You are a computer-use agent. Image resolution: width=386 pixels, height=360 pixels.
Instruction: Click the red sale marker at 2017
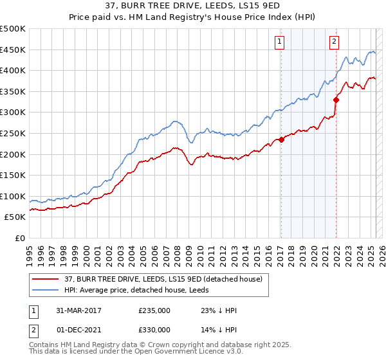282,139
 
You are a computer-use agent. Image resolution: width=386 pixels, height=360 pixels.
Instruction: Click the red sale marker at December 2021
336,100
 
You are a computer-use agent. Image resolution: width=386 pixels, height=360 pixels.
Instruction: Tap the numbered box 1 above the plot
280,42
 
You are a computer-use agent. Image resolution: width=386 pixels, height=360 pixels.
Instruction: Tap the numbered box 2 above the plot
335,42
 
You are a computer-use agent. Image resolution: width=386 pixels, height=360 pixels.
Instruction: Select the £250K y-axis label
12,133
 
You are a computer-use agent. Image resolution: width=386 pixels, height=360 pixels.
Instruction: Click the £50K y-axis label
15,217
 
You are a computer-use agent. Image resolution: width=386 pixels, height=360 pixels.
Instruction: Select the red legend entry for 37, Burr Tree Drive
163,280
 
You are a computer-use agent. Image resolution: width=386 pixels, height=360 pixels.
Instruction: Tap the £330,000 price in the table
154,330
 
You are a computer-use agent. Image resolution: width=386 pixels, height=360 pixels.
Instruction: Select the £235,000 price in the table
154,310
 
